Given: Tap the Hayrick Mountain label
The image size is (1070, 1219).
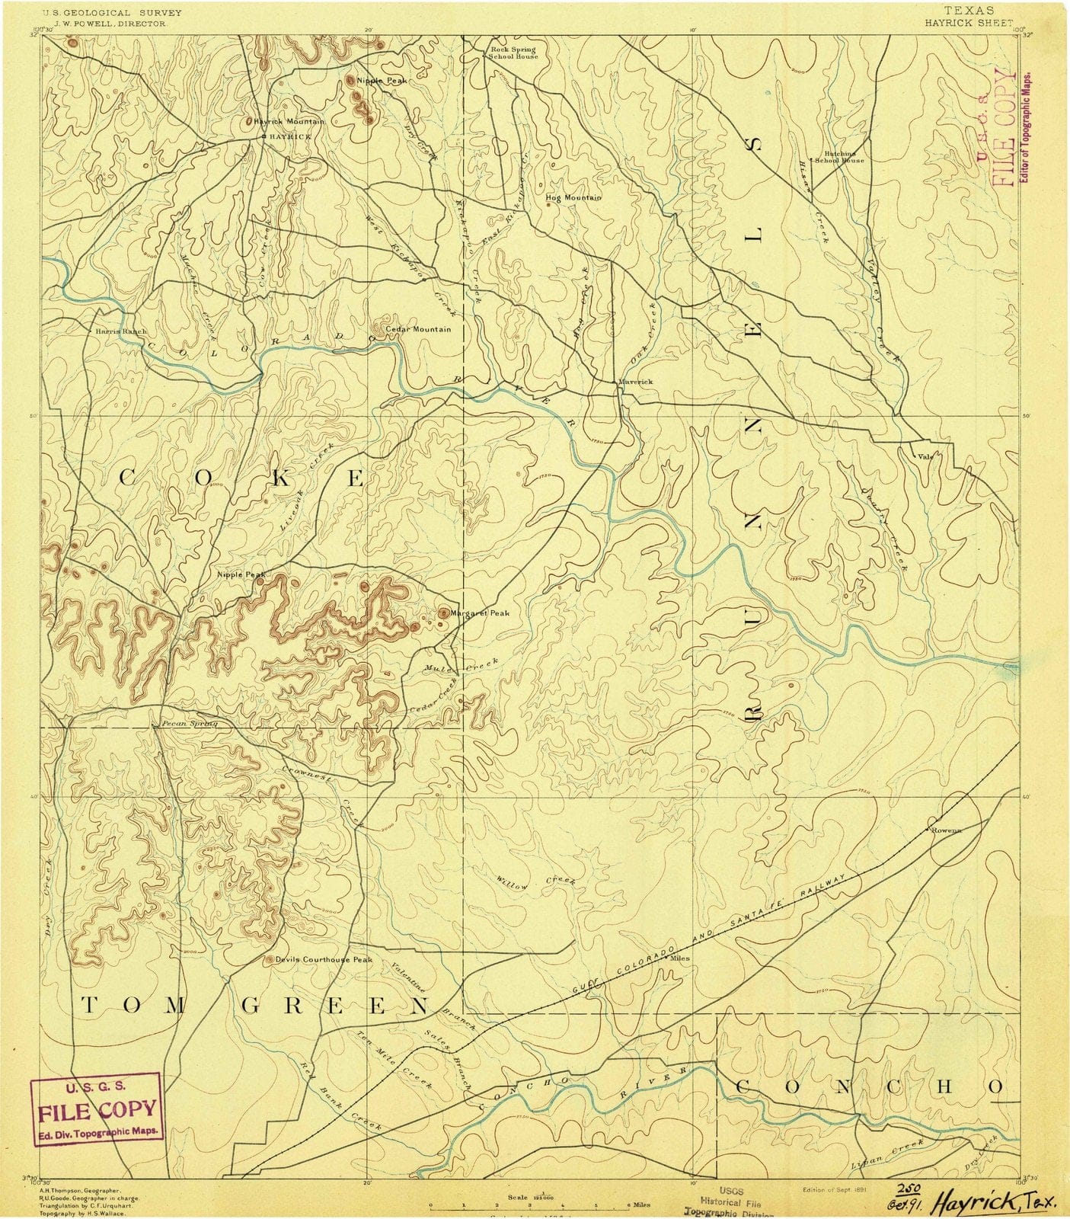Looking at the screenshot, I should pos(290,121).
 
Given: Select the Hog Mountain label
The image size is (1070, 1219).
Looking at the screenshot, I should pos(573,197).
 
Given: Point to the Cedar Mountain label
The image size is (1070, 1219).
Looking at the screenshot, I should pos(418,329).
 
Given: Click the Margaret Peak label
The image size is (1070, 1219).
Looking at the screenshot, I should pos(479,613).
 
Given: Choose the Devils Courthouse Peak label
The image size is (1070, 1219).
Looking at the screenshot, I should pos(324,959).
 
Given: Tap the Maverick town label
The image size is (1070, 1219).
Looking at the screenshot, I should pos(636,382).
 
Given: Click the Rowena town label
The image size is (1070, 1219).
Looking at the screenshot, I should pos(947,830).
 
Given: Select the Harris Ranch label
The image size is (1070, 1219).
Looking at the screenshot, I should pos(121,331).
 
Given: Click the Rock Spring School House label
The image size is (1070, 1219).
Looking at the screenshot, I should pos(513,53).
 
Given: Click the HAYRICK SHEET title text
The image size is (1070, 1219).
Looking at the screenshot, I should pos(969,23).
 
